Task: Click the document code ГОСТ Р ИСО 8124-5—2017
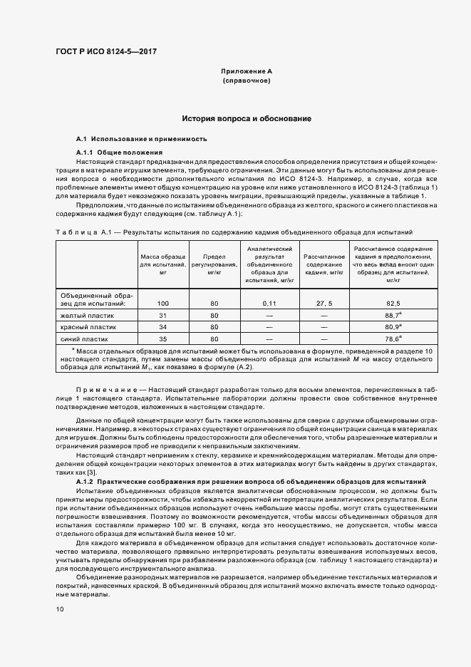tap(106, 52)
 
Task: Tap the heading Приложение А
tap(247, 72)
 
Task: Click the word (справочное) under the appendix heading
tap(247, 81)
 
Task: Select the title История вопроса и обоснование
tap(246, 118)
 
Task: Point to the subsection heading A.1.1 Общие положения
tap(119, 153)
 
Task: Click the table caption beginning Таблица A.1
tap(232, 233)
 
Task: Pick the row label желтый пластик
tap(88, 315)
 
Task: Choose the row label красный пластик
tap(89, 326)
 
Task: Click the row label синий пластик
tap(86, 338)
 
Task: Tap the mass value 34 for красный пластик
tap(162, 326)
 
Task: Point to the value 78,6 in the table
tap(392, 338)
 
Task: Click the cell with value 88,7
tap(392, 315)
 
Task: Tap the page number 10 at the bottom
tap(60, 609)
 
